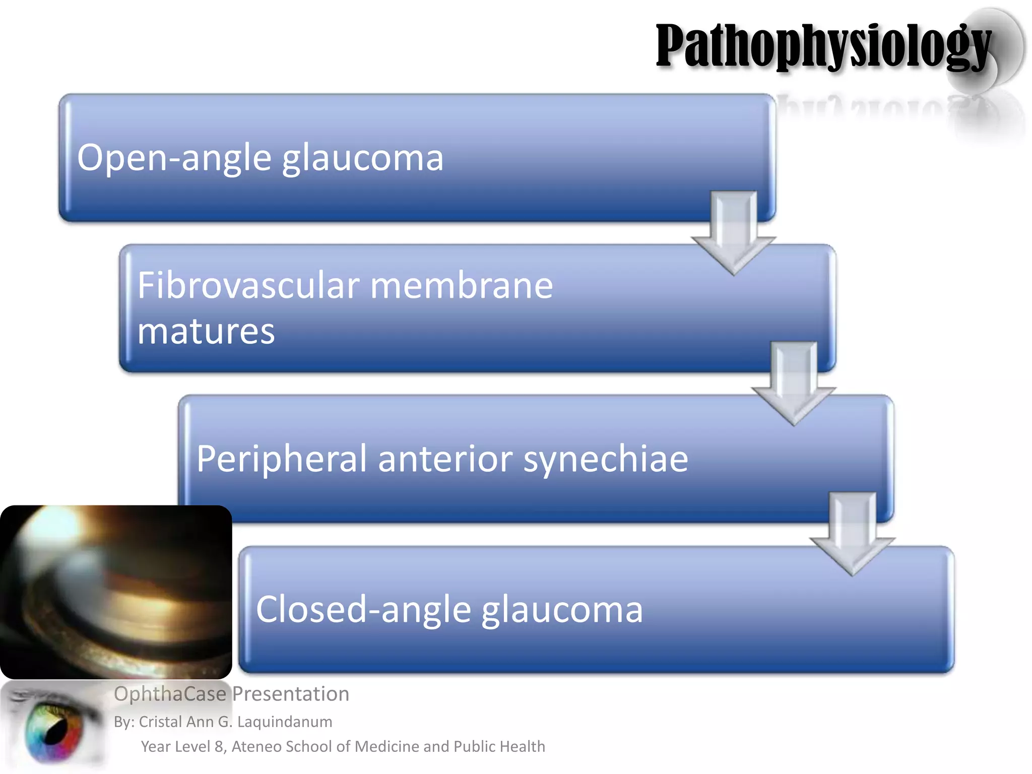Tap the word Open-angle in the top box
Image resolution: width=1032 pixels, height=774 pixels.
pyautogui.click(x=174, y=158)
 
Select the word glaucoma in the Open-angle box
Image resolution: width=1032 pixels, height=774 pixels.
pyautogui.click(x=362, y=158)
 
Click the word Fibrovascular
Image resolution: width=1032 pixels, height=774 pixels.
pyautogui.click(x=248, y=285)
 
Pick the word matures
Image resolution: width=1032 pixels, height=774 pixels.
pyautogui.click(x=206, y=332)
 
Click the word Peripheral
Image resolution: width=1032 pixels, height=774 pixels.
pyautogui.click(x=281, y=459)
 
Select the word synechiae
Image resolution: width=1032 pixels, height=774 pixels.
pyautogui.click(x=605, y=459)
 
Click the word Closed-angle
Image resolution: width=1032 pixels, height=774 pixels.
pyautogui.click(x=363, y=609)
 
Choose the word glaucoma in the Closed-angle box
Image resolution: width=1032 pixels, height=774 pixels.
pyautogui.click(x=562, y=609)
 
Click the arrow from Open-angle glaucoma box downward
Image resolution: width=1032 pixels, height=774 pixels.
pyautogui.click(x=734, y=232)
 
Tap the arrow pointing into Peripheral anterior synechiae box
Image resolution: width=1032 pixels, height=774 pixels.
pyautogui.click(x=794, y=383)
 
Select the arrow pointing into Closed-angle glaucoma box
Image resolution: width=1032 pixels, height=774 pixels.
pyautogui.click(x=852, y=533)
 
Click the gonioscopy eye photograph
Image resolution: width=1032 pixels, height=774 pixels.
pyautogui.click(x=116, y=592)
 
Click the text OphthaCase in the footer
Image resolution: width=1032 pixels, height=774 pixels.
pyautogui.click(x=170, y=694)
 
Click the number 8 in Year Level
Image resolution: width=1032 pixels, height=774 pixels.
pyautogui.click(x=219, y=746)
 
